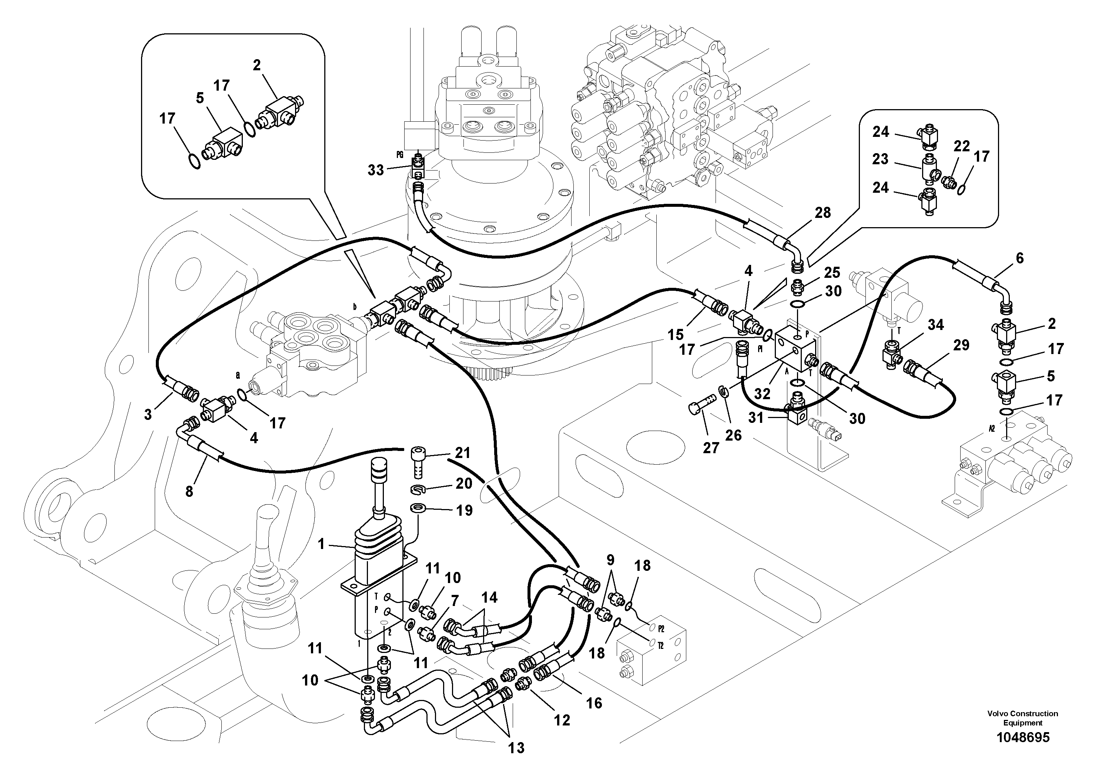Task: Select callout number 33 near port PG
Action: pyautogui.click(x=376, y=170)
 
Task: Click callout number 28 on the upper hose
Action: pyautogui.click(x=823, y=213)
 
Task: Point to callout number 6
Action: pyautogui.click(x=1019, y=258)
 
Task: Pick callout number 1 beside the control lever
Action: pyautogui.click(x=321, y=544)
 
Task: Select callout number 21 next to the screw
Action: pyautogui.click(x=462, y=453)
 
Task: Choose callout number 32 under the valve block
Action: pyautogui.click(x=762, y=394)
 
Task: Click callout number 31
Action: pyautogui.click(x=756, y=418)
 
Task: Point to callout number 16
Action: pyautogui.click(x=594, y=703)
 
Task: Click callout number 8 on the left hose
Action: pyautogui.click(x=189, y=491)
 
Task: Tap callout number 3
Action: pyautogui.click(x=148, y=414)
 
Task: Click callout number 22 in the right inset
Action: pyautogui.click(x=961, y=146)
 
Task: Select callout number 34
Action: pyautogui.click(x=935, y=325)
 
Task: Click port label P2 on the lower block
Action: pyautogui.click(x=661, y=628)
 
